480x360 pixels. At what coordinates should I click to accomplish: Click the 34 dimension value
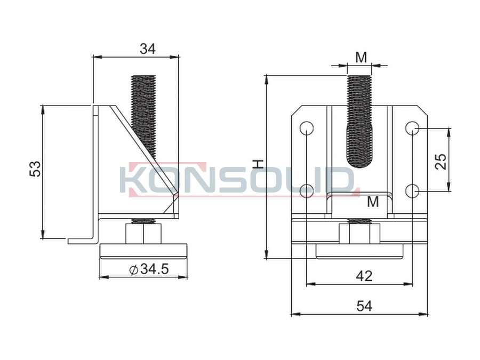pyautogui.click(x=148, y=49)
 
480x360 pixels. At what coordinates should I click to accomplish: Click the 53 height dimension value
pyautogui.click(x=35, y=169)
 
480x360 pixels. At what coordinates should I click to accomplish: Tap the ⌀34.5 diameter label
pyautogui.click(x=149, y=269)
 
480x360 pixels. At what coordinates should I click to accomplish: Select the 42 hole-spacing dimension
pyautogui.click(x=364, y=276)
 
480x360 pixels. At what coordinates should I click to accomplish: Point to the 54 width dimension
pyautogui.click(x=364, y=306)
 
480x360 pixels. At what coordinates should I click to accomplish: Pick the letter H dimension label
pyautogui.click(x=259, y=164)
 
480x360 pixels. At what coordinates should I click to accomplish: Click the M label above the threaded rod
pyautogui.click(x=361, y=57)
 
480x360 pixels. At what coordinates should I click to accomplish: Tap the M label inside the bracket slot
pyautogui.click(x=373, y=202)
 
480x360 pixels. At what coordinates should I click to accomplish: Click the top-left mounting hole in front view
pyautogui.click(x=307, y=128)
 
